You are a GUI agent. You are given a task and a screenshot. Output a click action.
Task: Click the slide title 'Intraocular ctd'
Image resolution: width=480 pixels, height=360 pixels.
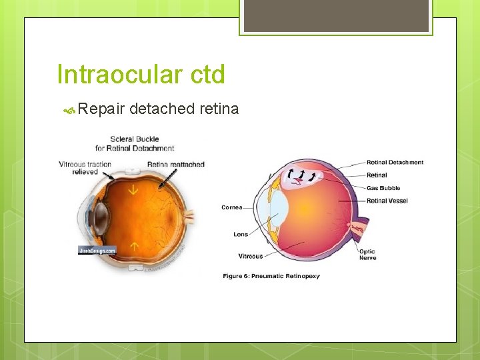pyautogui.click(x=141, y=74)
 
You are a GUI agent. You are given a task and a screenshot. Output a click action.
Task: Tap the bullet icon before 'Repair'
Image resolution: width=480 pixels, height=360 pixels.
pyautogui.click(x=72, y=109)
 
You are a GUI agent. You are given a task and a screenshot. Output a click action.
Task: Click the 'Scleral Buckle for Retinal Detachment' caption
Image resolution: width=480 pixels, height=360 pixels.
pyautogui.click(x=134, y=143)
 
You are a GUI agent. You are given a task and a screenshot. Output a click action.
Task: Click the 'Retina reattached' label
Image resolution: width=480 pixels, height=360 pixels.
pyautogui.click(x=175, y=164)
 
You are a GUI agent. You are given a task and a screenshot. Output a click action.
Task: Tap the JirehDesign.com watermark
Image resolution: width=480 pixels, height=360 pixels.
pyautogui.click(x=97, y=251)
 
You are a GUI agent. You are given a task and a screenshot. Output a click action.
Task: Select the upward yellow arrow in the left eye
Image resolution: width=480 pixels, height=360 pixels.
pyautogui.click(x=134, y=246)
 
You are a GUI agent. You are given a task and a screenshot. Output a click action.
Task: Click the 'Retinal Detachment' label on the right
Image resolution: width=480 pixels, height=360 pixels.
pyautogui.click(x=395, y=163)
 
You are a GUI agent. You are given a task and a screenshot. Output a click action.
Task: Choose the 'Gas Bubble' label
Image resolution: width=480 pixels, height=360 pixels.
pyautogui.click(x=383, y=188)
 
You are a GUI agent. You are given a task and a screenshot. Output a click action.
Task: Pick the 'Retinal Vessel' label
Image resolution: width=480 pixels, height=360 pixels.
pyautogui.click(x=387, y=201)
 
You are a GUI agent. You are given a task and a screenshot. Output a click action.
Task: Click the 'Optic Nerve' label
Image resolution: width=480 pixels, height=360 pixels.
pyautogui.click(x=367, y=255)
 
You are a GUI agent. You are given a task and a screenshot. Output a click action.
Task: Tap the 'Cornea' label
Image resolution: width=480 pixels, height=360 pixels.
pyautogui.click(x=232, y=207)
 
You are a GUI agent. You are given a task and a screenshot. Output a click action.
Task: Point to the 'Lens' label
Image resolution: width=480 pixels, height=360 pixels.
pyautogui.click(x=240, y=234)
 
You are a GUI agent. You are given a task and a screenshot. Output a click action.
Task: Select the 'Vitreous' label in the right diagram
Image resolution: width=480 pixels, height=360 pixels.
pyautogui.click(x=250, y=256)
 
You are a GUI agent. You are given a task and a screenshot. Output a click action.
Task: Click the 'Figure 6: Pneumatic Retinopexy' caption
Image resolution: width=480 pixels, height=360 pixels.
pyautogui.click(x=271, y=276)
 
